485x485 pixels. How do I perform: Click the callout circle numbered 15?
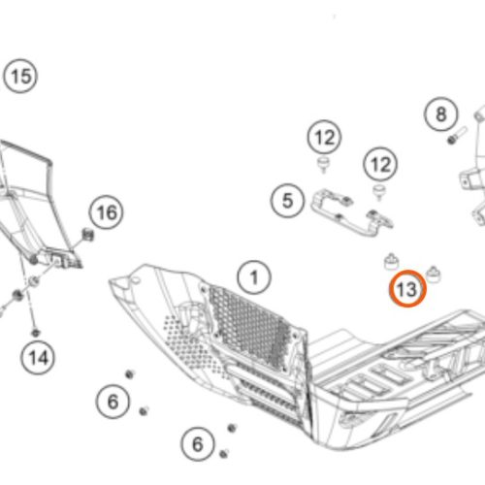(x=20, y=77)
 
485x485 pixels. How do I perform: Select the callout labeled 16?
(x=107, y=212)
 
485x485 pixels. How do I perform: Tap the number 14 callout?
(x=38, y=358)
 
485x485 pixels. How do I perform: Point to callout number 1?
(x=254, y=277)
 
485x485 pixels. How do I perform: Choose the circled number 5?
(x=287, y=201)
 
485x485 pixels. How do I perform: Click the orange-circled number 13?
(x=407, y=289)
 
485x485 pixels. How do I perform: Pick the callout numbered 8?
(x=441, y=113)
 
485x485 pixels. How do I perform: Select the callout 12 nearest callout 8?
(x=380, y=164)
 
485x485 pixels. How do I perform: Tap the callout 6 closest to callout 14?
(x=113, y=402)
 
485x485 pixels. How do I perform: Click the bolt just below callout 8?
(x=457, y=136)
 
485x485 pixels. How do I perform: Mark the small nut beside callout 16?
(x=87, y=234)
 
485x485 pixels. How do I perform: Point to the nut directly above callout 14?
(x=36, y=333)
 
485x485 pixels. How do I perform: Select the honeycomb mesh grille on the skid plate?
(x=250, y=328)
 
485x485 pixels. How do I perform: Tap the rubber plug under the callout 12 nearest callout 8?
(x=378, y=192)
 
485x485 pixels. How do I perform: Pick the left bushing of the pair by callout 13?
(x=391, y=262)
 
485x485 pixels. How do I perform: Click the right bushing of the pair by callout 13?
(x=434, y=274)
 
